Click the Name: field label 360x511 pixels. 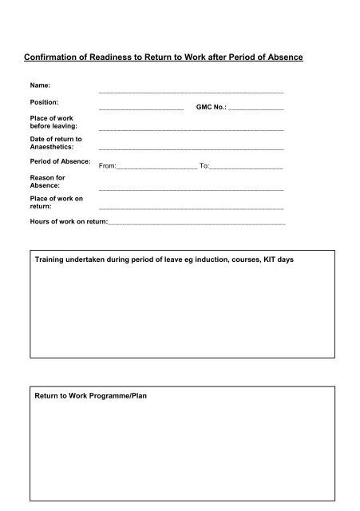pos(41,85)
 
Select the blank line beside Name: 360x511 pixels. pos(191,93)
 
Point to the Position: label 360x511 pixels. pos(45,102)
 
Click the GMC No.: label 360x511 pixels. pos(211,106)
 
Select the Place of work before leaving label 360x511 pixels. pos(49,123)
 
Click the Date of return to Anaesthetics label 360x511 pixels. pos(55,143)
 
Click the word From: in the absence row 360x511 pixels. pos(107,166)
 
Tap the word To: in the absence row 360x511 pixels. pos(204,166)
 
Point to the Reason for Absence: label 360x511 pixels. pos(47,181)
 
